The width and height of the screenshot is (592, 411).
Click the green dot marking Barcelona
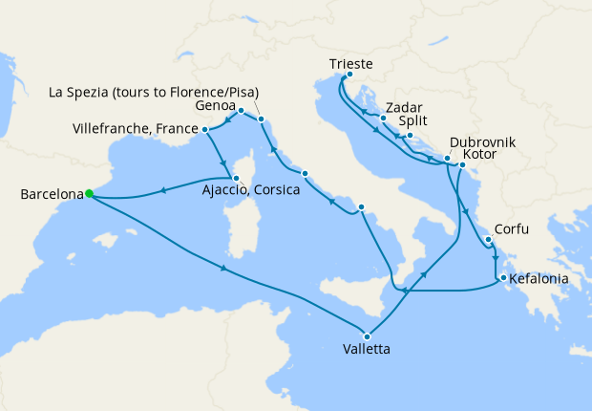tap(88, 193)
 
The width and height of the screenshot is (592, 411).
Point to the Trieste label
tap(349, 64)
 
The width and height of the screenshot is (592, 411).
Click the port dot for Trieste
tap(349, 76)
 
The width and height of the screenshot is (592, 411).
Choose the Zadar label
tap(405, 108)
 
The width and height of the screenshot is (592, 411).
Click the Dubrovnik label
tap(483, 141)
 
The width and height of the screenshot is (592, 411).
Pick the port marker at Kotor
tap(462, 165)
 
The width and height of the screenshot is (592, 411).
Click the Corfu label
tap(510, 230)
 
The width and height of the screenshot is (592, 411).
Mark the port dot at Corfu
tap(487, 239)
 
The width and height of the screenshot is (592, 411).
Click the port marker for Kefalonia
tap(499, 279)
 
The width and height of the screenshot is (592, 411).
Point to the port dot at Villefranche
tap(205, 129)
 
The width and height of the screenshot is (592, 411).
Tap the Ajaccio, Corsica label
tap(251, 189)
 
